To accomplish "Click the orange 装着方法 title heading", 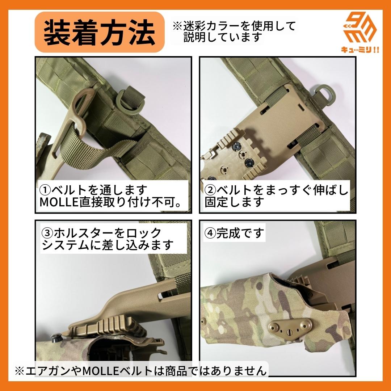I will pos(99,33).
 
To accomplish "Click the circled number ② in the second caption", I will pos(210,190).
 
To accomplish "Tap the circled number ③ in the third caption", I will pos(47,232).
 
